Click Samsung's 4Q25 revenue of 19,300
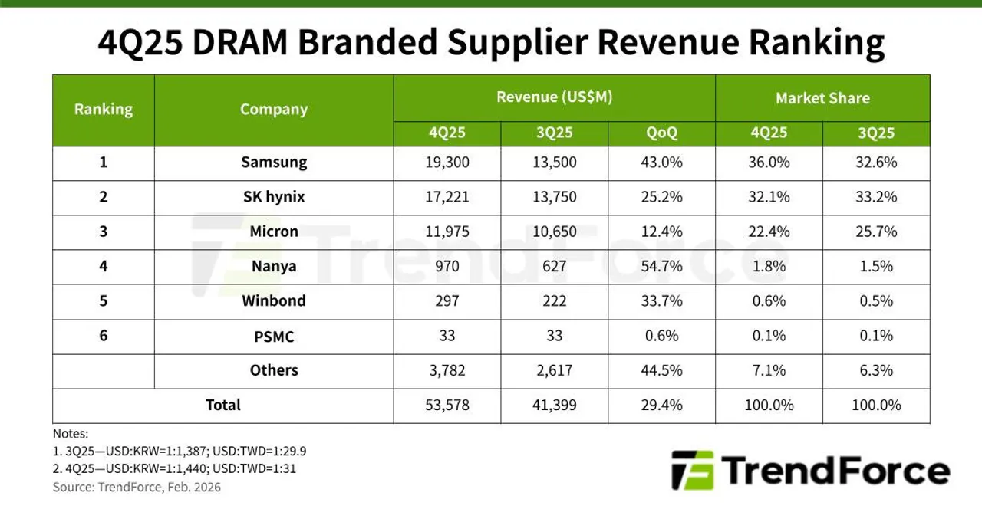[447, 163]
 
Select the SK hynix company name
[274, 197]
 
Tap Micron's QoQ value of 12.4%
[661, 232]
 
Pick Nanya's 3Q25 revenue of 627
[554, 266]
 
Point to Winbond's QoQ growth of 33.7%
[661, 301]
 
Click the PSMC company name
[274, 337]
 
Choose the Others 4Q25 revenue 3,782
[447, 370]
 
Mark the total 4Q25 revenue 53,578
[447, 405]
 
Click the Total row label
[223, 405]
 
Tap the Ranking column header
[104, 109]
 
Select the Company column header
[274, 109]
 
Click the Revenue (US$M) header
[554, 97]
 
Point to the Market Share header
[822, 98]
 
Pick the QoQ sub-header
[661, 133]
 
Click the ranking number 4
[104, 266]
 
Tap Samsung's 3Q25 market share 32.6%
[876, 163]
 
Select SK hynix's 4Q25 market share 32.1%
[769, 197]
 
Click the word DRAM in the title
[240, 42]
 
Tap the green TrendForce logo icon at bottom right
[693, 470]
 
